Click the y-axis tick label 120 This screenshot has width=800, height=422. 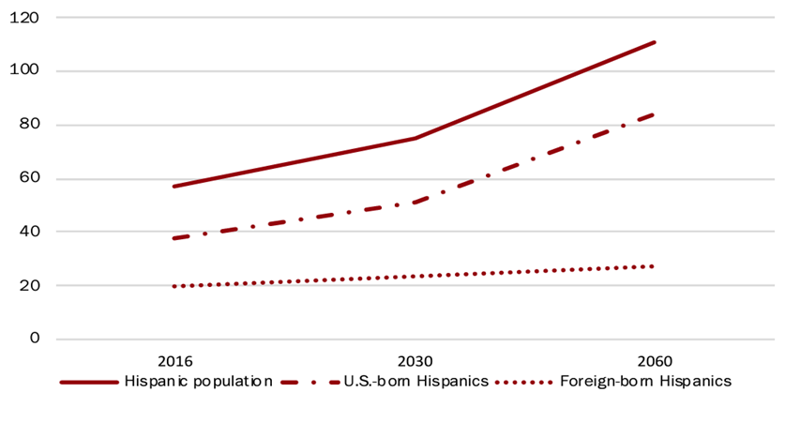[24, 18]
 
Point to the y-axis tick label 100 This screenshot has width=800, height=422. [24, 70]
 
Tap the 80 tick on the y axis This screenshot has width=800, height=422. [29, 124]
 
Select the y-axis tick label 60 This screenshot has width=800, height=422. [29, 177]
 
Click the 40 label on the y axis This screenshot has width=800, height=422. [29, 231]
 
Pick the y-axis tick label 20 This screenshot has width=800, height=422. [29, 285]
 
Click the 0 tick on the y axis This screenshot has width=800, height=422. [34, 338]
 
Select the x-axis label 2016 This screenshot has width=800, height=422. [175, 361]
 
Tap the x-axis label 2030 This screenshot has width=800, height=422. [415, 361]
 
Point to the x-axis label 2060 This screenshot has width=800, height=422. [655, 361]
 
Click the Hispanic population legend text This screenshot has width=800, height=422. [199, 382]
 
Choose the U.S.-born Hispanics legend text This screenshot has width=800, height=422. [416, 382]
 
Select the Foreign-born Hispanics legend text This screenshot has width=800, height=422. [645, 382]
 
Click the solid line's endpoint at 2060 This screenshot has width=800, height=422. [655, 42]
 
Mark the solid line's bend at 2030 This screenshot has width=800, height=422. [415, 138]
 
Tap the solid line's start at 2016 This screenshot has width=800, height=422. [174, 187]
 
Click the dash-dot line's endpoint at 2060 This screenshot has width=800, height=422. [653, 114]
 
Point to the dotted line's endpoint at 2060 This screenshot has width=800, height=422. [652, 266]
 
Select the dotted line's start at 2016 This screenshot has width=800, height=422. [174, 286]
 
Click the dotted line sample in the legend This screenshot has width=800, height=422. [524, 382]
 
